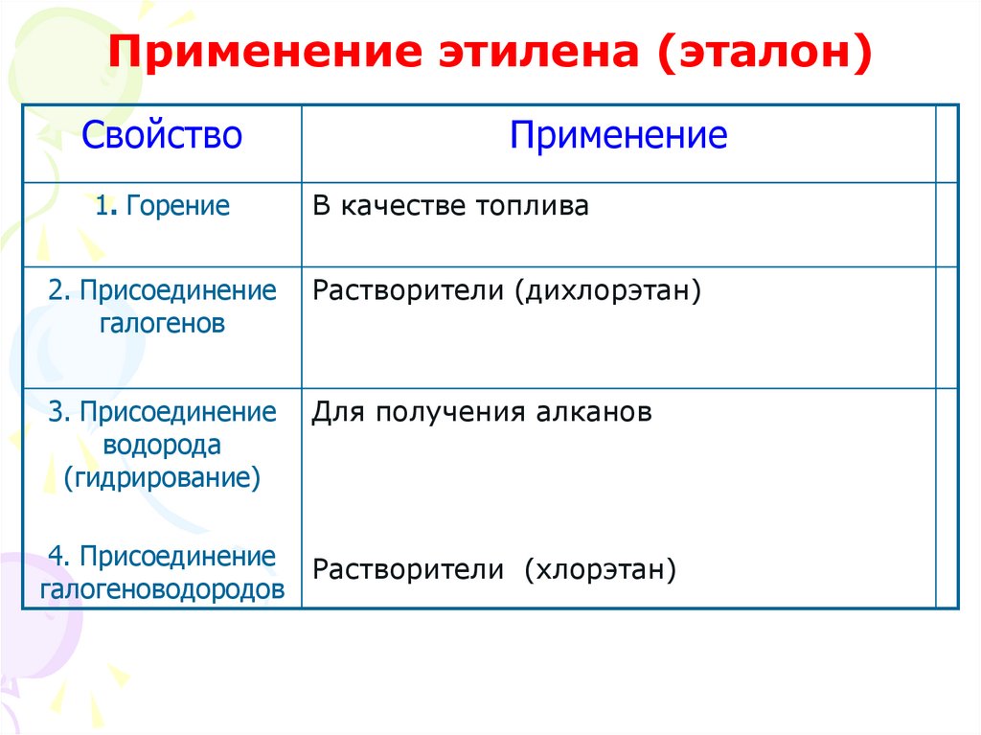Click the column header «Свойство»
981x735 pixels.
point(162,135)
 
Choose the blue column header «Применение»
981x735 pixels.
point(618,135)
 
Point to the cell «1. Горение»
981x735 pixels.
point(162,206)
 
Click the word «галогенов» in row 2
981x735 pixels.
point(162,323)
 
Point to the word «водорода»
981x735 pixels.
point(162,445)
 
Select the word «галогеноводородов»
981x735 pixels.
point(162,589)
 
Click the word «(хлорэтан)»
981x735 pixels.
point(600,571)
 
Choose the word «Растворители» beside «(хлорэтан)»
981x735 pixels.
point(408,571)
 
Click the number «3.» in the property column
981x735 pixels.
point(59,412)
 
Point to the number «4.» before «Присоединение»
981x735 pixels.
point(59,556)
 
